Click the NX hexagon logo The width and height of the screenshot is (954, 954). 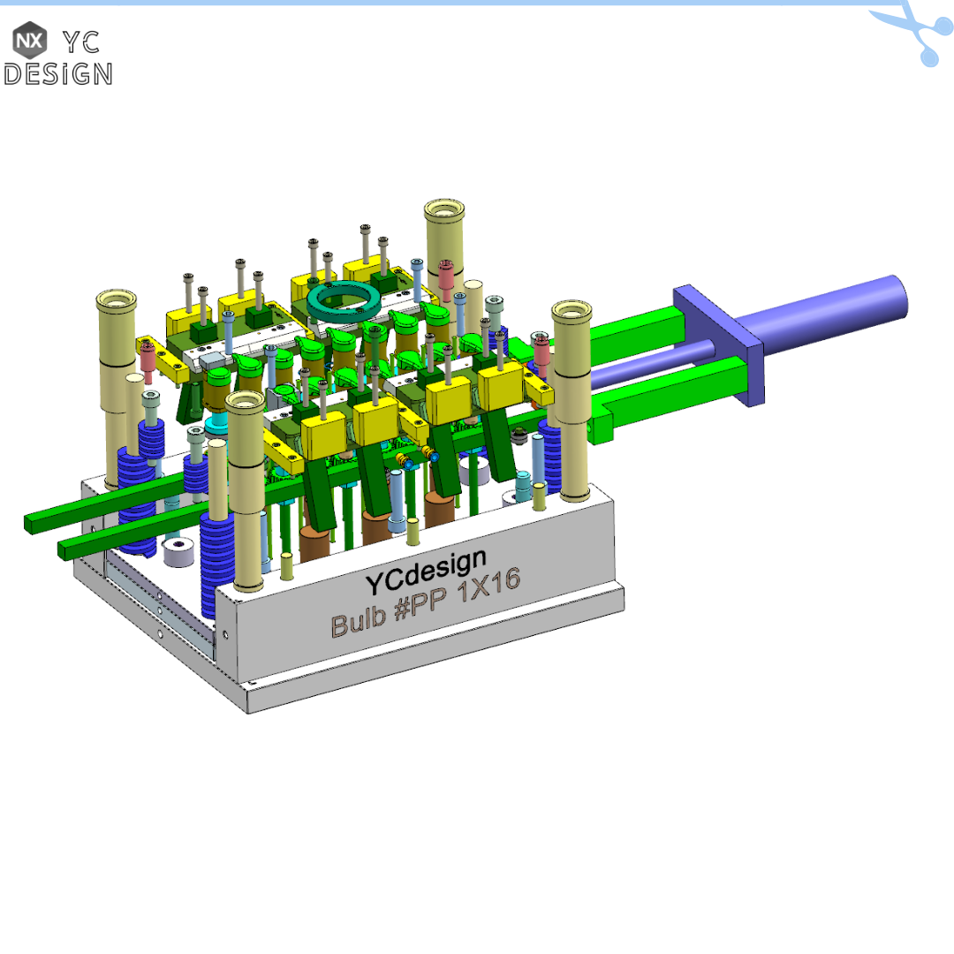point(30,40)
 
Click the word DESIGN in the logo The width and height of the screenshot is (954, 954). point(58,74)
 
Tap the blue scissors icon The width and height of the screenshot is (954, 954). point(915,33)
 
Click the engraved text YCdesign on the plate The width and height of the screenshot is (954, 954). point(426,572)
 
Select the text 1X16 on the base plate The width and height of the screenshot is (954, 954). point(488,585)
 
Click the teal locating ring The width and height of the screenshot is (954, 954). point(344,301)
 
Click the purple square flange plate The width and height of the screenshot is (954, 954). point(719,344)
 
